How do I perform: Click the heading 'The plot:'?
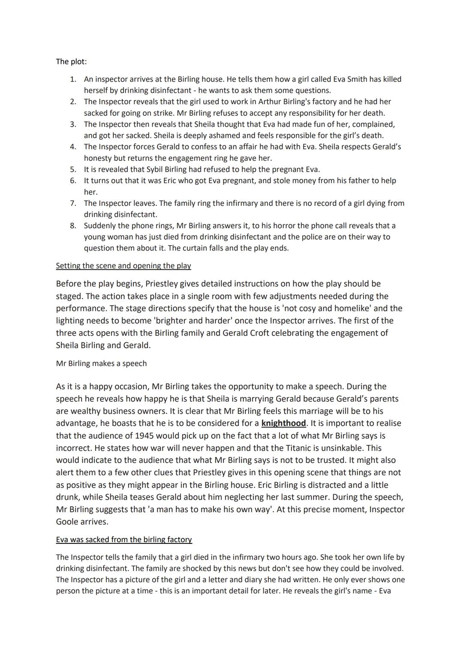[x=71, y=61]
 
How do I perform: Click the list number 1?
[x=73, y=79]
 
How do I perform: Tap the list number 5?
[x=73, y=169]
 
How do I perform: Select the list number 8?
[x=73, y=226]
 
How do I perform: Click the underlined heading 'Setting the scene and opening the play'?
[x=123, y=266]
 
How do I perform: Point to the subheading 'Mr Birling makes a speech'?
[x=101, y=363]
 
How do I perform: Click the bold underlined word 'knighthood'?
[x=283, y=423]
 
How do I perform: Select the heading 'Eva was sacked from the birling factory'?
[x=124, y=540]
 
